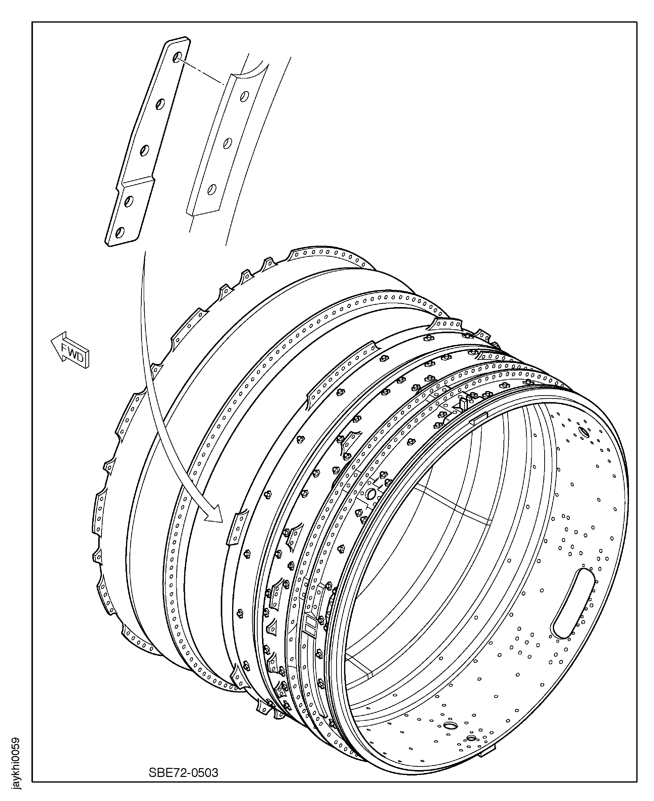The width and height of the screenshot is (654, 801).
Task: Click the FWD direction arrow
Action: coord(70,350)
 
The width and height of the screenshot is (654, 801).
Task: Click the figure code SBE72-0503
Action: coord(183,773)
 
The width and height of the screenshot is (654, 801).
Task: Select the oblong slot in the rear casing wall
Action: coord(573,609)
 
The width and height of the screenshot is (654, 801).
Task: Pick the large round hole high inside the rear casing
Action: coord(584,432)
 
